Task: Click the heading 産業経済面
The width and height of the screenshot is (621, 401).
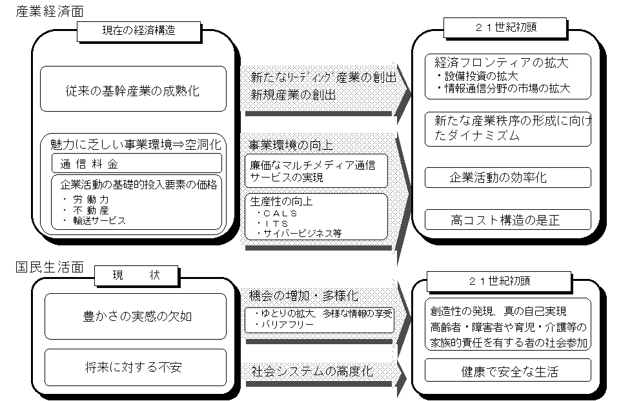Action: coord(50,11)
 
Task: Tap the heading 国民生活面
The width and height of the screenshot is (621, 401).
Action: coord(50,267)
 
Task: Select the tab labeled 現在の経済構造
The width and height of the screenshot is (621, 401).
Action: coord(139,30)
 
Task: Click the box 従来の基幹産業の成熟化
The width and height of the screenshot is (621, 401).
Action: coord(133,88)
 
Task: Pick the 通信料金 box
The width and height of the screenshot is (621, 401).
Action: coord(136,163)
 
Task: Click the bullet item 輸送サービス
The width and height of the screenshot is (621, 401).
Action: coord(94,220)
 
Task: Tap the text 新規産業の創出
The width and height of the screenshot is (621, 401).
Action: coord(293,95)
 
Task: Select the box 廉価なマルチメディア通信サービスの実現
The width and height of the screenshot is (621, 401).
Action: coord(316,170)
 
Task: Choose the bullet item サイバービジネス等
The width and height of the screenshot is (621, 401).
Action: coord(299,233)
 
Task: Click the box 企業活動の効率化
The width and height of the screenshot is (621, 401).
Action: coord(508,177)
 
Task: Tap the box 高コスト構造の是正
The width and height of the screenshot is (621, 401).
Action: coord(508,220)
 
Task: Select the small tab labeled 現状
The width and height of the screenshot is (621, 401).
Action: coord(136,275)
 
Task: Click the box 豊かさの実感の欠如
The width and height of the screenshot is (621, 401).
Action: coord(136,316)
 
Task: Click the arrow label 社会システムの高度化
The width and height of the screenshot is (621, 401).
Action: coord(312,371)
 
